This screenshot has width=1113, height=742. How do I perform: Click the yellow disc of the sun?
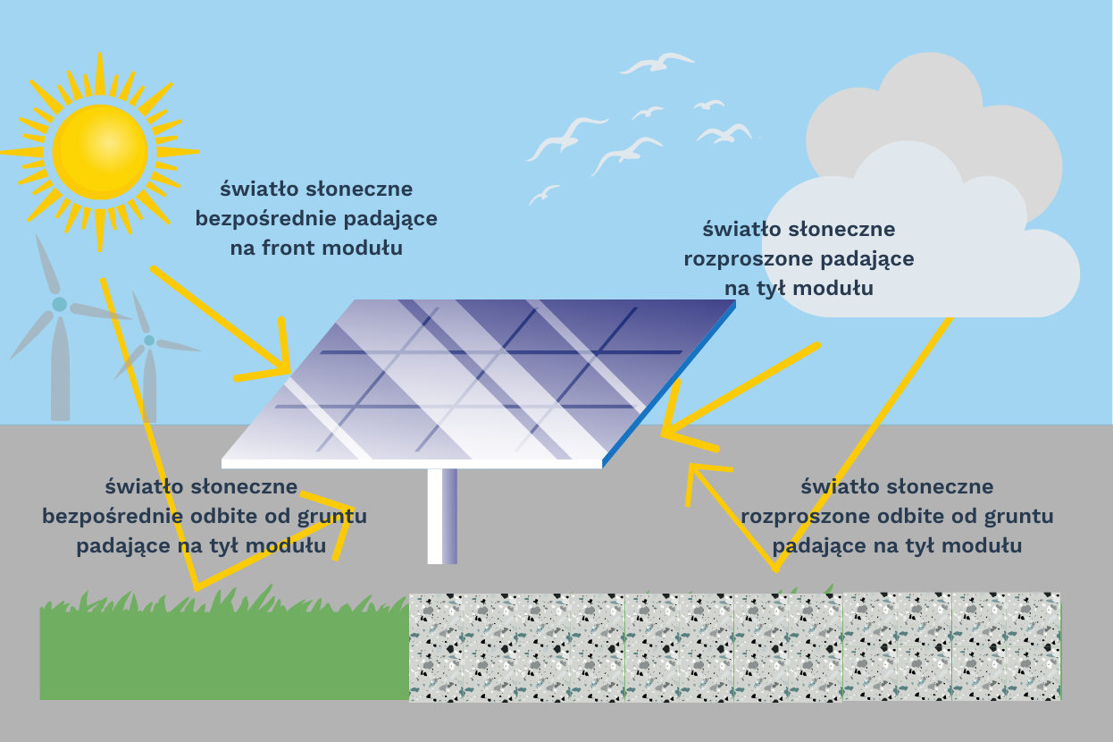click(100, 152)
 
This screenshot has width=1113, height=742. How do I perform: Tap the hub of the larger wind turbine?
click(59, 304)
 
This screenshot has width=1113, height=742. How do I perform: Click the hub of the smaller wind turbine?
click(149, 341)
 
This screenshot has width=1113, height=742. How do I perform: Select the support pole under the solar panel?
click(442, 516)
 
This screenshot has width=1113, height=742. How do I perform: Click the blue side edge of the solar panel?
click(669, 384)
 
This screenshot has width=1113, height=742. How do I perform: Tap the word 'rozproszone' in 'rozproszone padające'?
click(749, 258)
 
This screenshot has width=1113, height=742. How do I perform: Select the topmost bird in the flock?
click(657, 63)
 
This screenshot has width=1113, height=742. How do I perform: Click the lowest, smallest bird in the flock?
click(544, 195)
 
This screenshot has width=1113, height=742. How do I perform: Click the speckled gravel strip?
click(734, 647)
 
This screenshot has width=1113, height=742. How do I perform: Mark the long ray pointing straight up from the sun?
click(100, 73)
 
